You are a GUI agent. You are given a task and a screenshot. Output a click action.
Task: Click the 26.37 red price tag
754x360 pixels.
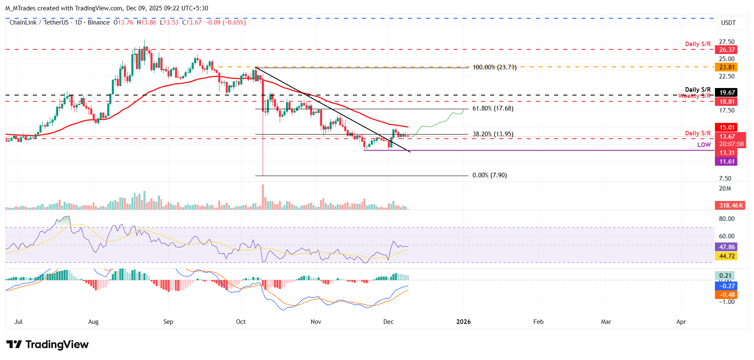[x=727, y=50]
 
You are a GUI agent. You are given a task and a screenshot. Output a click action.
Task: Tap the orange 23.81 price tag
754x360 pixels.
[x=727, y=67]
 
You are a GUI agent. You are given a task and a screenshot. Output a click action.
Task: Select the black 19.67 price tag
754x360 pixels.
[x=727, y=93]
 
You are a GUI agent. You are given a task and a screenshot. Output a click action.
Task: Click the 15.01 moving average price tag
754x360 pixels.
[x=727, y=127]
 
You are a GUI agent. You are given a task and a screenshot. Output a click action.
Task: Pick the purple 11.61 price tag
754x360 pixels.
[x=727, y=162]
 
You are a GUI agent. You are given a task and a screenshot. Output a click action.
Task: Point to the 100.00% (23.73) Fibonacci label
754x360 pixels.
[x=494, y=67]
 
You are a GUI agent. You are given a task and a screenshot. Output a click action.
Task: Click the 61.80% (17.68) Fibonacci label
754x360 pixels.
[x=493, y=108]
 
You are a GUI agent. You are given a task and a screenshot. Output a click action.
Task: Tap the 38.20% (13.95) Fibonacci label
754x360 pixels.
[x=493, y=134]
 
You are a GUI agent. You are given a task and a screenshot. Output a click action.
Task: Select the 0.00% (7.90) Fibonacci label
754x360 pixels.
[x=489, y=175]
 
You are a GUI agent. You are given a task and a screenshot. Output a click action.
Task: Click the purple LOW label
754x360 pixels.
[x=704, y=145]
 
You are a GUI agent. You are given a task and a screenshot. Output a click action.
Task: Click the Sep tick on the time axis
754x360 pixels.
[x=168, y=322]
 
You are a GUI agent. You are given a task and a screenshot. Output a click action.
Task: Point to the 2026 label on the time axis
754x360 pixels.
[x=463, y=322]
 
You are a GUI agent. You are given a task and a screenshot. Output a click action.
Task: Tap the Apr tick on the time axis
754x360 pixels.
[x=681, y=322]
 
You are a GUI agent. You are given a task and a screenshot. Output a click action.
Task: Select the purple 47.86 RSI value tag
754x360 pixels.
[x=727, y=247]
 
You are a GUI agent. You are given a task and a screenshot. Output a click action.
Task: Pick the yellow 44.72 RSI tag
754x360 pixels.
[x=727, y=256]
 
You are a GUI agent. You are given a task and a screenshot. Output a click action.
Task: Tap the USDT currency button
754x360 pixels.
[x=728, y=23]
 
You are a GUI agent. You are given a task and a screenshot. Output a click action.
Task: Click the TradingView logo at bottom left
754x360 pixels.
[x=47, y=345]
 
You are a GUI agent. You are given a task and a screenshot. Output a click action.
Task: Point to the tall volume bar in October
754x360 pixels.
[x=263, y=197]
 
